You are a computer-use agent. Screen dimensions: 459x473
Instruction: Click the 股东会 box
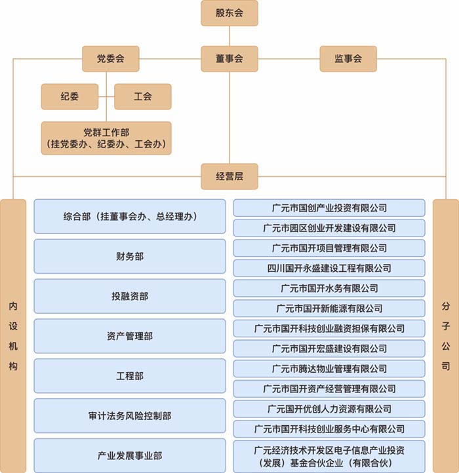click(x=229, y=13)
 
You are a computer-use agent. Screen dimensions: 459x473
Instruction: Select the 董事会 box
click(x=229, y=58)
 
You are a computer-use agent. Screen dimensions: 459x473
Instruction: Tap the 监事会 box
click(x=348, y=58)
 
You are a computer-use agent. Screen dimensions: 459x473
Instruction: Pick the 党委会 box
click(x=111, y=58)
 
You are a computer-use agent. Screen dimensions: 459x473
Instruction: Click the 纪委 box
click(x=70, y=96)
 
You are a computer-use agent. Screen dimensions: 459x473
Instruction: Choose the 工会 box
click(x=143, y=96)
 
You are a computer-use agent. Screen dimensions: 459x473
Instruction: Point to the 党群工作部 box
click(x=106, y=138)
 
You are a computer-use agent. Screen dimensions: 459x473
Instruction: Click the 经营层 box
click(x=229, y=176)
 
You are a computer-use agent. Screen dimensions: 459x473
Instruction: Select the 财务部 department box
click(x=130, y=256)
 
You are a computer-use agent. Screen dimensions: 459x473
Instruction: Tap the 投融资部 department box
click(x=130, y=296)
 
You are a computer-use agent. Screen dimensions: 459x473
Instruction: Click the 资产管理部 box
click(x=130, y=336)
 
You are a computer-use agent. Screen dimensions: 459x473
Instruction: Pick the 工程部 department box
click(x=130, y=376)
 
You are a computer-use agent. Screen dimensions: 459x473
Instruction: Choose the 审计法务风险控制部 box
click(x=130, y=416)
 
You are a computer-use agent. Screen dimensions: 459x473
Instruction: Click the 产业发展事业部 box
click(x=130, y=455)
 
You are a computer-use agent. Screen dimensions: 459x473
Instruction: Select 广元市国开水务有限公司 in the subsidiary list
click(x=329, y=288)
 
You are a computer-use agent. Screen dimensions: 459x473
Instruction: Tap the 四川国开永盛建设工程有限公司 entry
click(x=329, y=268)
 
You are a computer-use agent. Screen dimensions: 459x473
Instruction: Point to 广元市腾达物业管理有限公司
click(x=329, y=369)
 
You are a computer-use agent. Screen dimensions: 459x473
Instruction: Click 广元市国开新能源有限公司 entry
click(x=329, y=309)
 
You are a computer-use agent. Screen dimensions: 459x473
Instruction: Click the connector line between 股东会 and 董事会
click(x=229, y=36)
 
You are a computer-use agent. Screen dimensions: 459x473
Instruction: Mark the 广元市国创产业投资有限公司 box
click(x=329, y=208)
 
